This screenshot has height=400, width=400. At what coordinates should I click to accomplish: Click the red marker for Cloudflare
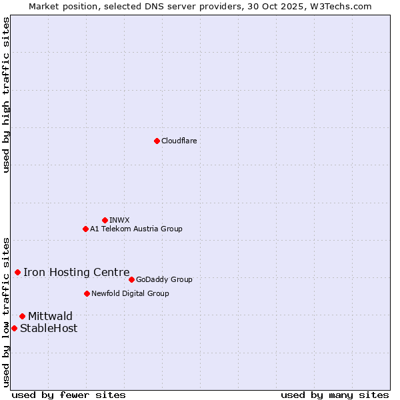pyautogui.click(x=157, y=141)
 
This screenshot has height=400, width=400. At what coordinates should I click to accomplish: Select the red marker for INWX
pyautogui.click(x=105, y=220)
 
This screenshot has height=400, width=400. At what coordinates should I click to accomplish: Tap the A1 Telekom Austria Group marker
pyautogui.click(x=85, y=229)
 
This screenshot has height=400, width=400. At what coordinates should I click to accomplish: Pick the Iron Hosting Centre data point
pyautogui.click(x=17, y=272)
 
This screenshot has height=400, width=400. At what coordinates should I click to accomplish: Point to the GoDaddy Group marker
pyautogui.click(x=131, y=279)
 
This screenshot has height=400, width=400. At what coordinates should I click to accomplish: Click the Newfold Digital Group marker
pyautogui.click(x=87, y=293)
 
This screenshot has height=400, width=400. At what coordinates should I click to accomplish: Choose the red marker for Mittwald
pyautogui.click(x=22, y=316)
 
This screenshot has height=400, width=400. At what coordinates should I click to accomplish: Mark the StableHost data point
pyautogui.click(x=14, y=328)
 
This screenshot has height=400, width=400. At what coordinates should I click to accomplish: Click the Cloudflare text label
pyautogui.click(x=179, y=141)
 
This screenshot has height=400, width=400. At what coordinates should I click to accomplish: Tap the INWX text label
pyautogui.click(x=119, y=220)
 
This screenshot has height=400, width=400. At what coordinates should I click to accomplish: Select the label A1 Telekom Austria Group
pyautogui.click(x=136, y=229)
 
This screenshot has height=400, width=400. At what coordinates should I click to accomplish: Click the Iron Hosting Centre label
pyautogui.click(x=77, y=272)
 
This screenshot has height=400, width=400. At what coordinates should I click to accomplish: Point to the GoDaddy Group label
pyautogui.click(x=164, y=279)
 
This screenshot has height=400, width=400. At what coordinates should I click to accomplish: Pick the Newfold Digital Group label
pyautogui.click(x=130, y=293)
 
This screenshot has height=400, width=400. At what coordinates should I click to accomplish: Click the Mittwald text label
pyautogui.click(x=50, y=316)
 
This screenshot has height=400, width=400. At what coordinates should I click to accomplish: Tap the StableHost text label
pyautogui.click(x=49, y=328)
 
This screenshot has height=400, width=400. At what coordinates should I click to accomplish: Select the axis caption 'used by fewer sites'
pyautogui.click(x=69, y=395)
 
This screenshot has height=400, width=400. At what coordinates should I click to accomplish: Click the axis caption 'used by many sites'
pyautogui.click(x=335, y=395)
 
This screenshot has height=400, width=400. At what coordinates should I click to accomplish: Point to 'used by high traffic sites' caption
pyautogui.click(x=6, y=95)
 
